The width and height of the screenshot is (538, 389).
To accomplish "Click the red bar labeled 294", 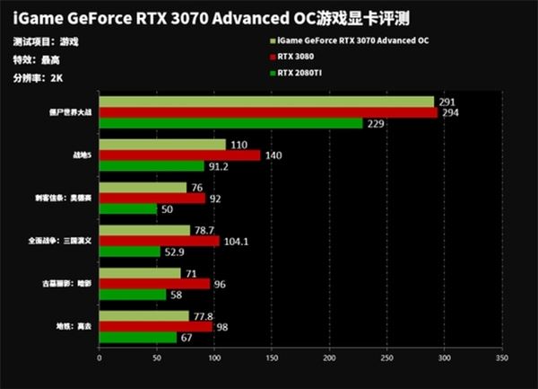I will click(x=268, y=112).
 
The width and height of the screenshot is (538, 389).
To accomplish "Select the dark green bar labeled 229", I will click(x=230, y=123).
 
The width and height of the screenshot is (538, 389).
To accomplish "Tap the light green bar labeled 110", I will click(x=162, y=145).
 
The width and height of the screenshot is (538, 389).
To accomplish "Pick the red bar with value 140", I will click(x=179, y=155).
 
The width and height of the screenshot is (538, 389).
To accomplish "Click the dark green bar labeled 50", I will click(x=127, y=209).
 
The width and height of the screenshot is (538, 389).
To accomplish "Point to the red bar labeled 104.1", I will click(x=159, y=242).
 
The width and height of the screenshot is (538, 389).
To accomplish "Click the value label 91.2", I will click(x=220, y=166).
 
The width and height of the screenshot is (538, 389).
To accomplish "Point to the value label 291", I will click(x=448, y=102).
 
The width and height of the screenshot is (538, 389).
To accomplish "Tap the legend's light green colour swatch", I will click(x=273, y=41).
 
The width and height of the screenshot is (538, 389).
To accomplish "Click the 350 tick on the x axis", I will click(x=501, y=358).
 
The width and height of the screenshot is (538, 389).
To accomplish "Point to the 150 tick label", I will click(x=272, y=358).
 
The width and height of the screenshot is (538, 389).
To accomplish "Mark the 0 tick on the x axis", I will click(x=99, y=358).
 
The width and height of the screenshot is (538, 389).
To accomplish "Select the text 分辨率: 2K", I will click(x=39, y=77).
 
